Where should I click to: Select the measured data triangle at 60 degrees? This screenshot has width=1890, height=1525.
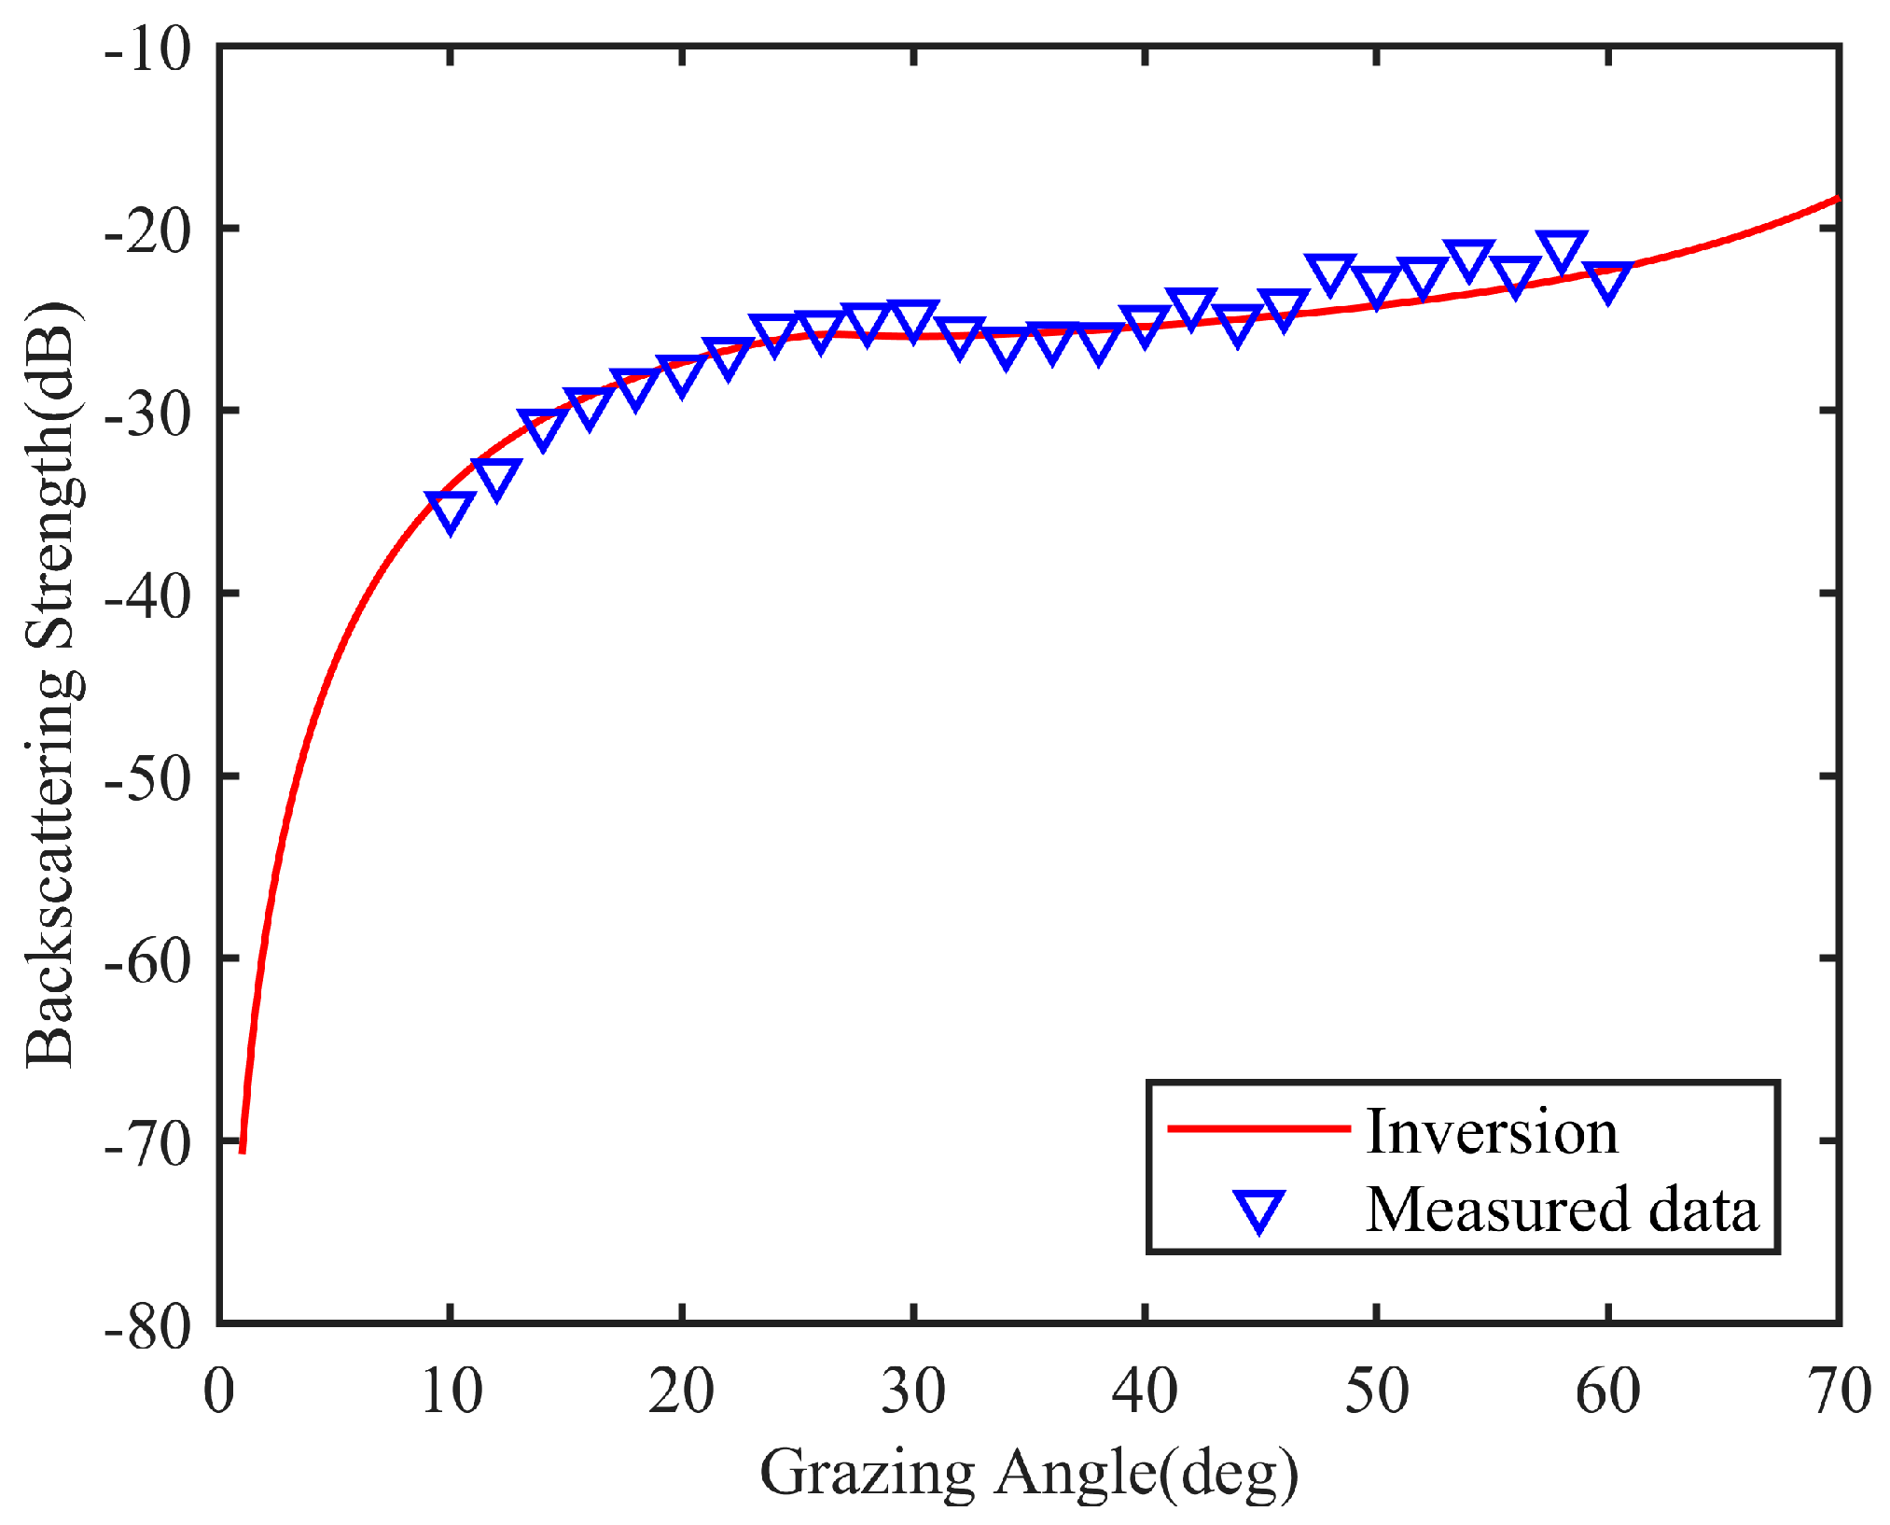tap(1607, 281)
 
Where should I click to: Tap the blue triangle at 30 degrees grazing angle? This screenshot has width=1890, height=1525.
tap(913, 320)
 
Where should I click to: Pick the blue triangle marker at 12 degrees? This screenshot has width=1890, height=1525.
tap(496, 477)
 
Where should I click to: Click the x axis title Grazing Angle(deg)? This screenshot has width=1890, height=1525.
tap(1028, 1474)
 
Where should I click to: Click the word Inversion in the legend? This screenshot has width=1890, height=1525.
tap(1491, 1132)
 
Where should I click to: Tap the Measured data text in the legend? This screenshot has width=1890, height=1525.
tap(1561, 1210)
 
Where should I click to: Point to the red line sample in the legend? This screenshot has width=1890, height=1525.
tap(1258, 1129)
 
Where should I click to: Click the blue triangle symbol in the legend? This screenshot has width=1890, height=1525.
tap(1258, 1210)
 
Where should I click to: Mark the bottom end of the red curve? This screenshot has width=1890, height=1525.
tap(243, 1150)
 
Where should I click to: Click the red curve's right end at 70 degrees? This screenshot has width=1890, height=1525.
tap(1837, 199)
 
